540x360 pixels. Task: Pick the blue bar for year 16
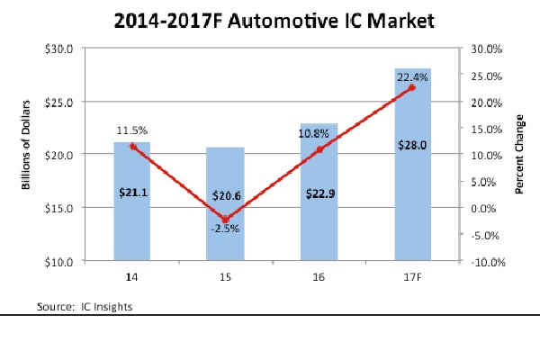coord(319,225)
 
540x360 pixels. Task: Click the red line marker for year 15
coord(226,219)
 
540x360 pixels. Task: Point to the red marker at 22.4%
coord(411,87)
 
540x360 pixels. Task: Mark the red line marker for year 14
coord(133,146)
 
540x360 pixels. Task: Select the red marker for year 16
coord(319,149)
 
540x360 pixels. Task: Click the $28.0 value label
coord(411,145)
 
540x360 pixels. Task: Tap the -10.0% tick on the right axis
coord(482,262)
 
